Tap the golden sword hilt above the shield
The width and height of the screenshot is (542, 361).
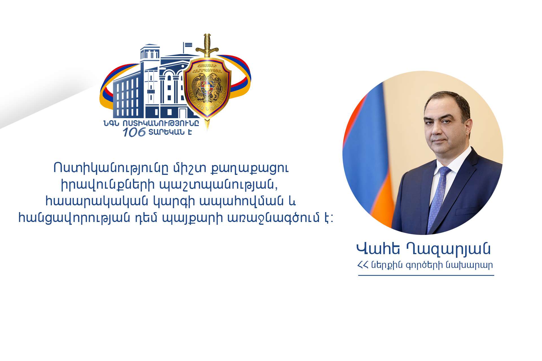pyautogui.click(x=207, y=45)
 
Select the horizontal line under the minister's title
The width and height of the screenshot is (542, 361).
pyautogui.click(x=426, y=275)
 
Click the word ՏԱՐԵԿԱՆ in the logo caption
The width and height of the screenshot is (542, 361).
pyautogui.click(x=167, y=132)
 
